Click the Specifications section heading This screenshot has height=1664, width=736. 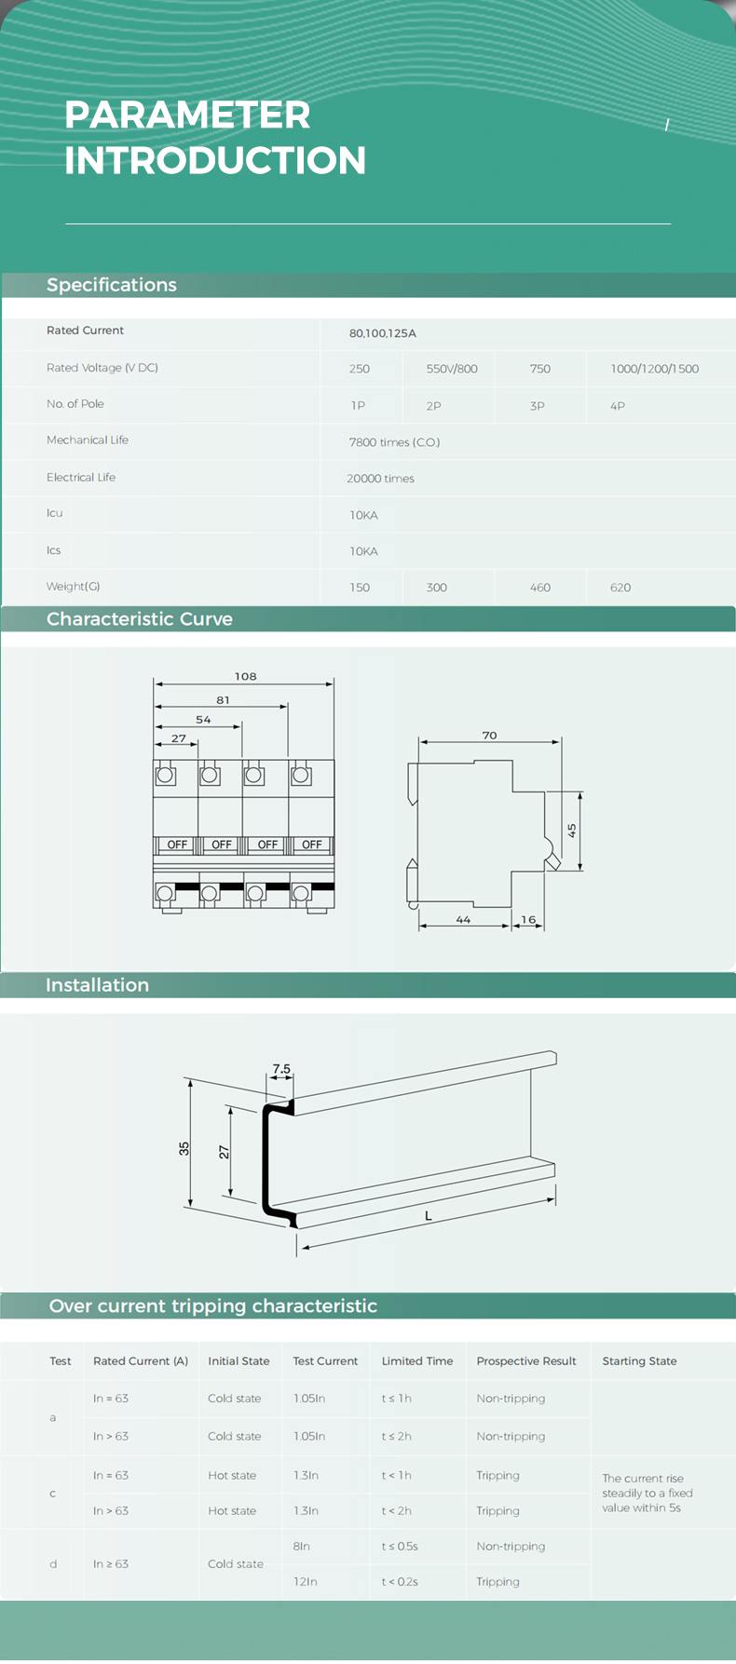coord(112,285)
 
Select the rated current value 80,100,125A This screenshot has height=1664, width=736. coord(383,333)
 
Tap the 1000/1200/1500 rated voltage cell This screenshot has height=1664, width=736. coord(655,369)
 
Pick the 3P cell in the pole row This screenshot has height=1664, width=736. coord(538,406)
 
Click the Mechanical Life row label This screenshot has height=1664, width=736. coord(88,440)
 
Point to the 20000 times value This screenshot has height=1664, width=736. coord(380,479)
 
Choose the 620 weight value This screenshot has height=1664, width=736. coord(620,588)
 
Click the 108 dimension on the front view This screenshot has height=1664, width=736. coord(246,676)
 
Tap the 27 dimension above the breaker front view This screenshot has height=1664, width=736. coord(179,738)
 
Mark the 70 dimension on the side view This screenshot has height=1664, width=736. coord(490,736)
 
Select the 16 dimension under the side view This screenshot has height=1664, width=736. coord(528,920)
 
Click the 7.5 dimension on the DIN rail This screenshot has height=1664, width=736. coord(281,1070)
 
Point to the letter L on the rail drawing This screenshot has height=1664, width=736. coord(429,1216)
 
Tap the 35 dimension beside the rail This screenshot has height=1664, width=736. coord(184,1149)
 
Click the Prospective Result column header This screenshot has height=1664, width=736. coord(526,1361)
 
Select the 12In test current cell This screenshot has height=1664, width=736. coord(306,1582)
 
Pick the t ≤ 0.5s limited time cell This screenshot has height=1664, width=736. coord(400,1547)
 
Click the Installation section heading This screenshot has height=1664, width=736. coord(98,985)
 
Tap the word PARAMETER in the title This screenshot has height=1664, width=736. coord(188,115)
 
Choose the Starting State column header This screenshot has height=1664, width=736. coord(639,1361)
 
